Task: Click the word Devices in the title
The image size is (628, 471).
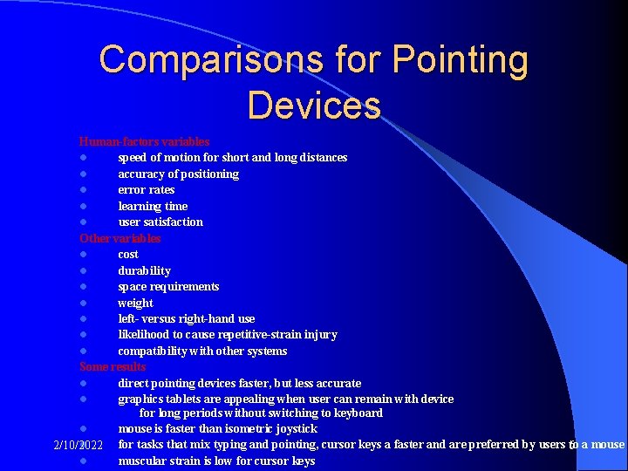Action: coord(314,105)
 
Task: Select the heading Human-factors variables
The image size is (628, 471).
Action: coord(144,141)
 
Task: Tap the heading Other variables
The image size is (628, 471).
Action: coord(120,238)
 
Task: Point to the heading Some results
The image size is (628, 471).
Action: coord(113,367)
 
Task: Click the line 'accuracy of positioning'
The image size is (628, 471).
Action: coord(178,174)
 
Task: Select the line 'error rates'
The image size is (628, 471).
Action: coord(147,189)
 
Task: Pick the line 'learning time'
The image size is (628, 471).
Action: coord(153,206)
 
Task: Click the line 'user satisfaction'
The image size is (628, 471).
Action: coord(160,222)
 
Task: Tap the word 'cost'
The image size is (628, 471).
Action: coord(128,254)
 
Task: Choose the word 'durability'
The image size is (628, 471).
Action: coord(144,270)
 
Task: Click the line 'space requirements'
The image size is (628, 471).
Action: coord(168,286)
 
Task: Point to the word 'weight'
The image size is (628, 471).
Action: coord(135,303)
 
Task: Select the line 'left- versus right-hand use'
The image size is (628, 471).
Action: coord(187,318)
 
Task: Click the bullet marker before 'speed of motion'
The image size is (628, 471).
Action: coord(82,158)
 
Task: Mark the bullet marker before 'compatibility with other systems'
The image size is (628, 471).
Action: coord(82,352)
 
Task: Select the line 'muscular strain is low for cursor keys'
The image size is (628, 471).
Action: coord(216,461)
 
